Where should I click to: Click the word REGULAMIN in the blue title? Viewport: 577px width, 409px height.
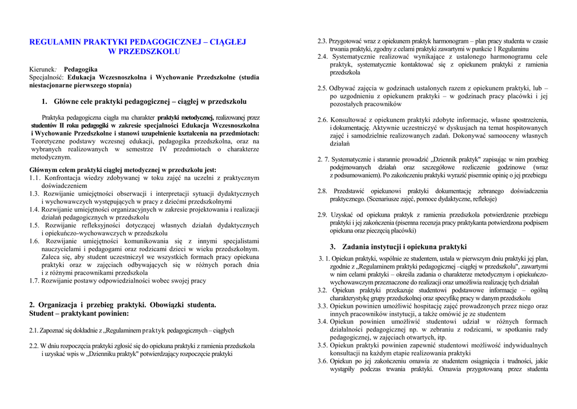(55, 42)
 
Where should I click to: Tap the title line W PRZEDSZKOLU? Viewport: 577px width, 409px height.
(144, 51)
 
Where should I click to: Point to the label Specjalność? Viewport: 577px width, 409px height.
(47, 77)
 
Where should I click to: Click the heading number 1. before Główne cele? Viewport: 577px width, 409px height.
(45, 102)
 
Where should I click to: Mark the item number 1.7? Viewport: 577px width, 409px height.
(34, 280)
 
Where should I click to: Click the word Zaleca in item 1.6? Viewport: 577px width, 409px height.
(51, 257)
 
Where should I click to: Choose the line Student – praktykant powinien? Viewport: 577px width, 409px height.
(79, 313)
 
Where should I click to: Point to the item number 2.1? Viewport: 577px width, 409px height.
(34, 330)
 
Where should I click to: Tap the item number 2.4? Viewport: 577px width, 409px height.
(322, 56)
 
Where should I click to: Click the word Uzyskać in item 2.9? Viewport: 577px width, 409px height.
(343, 214)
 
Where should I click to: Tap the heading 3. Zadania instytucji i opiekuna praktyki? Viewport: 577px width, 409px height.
(398, 247)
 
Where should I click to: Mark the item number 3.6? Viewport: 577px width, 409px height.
(322, 361)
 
